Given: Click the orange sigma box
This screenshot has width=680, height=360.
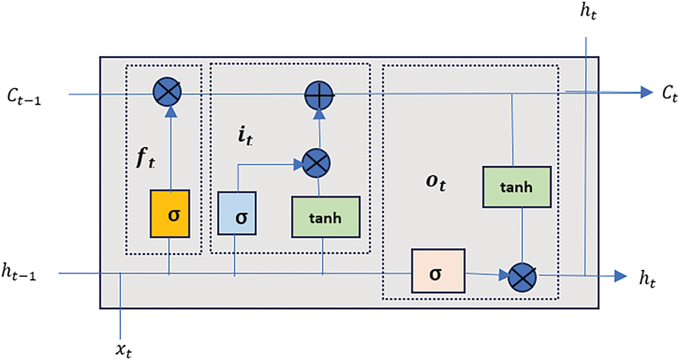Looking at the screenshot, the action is tap(170, 213).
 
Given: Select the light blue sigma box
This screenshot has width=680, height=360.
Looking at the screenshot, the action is tap(236, 213).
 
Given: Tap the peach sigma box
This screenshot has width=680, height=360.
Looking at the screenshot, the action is tap(438, 271).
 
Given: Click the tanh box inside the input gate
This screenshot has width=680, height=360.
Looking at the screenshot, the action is tap(325, 217).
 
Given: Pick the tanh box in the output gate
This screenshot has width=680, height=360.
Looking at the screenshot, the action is tap(516, 187).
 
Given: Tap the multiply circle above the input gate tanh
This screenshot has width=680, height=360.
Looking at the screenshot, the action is tap(316, 164).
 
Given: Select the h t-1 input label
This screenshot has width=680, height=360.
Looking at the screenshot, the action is tap(19, 273).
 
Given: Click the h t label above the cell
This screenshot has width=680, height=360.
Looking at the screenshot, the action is tap(589, 12).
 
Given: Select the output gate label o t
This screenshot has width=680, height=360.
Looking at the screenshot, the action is tap(436, 182).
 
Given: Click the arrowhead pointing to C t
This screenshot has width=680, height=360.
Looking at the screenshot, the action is tap(647, 92).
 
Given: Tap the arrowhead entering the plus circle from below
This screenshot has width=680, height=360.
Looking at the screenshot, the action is tap(319, 114).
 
